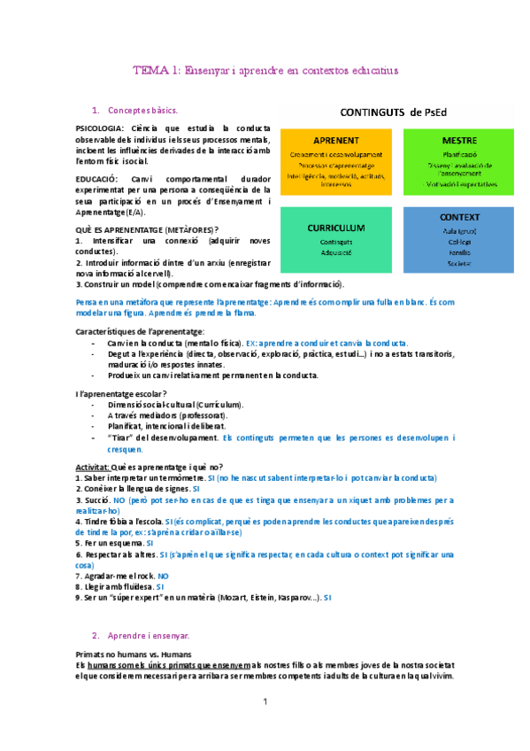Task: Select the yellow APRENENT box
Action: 335,161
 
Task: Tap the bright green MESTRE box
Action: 458,161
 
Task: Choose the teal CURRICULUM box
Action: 335,239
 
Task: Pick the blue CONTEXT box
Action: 458,238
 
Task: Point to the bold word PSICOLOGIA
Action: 100,128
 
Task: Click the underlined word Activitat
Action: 91,467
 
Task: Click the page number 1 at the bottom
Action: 265,701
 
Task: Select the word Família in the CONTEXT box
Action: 458,252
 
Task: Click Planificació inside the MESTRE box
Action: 458,152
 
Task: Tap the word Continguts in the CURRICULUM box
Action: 335,241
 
